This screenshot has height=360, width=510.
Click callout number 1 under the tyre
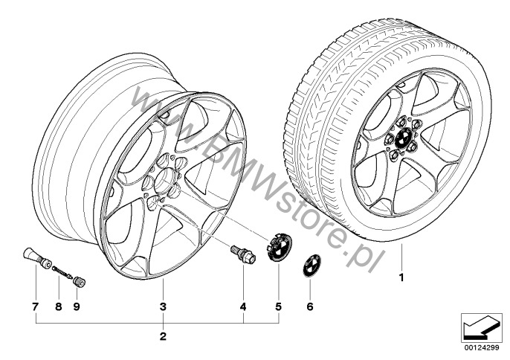click(x=401, y=277)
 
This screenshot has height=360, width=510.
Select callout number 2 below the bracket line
click(x=163, y=336)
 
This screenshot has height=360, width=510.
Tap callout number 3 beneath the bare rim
click(x=163, y=306)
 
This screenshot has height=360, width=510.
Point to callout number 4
click(x=243, y=306)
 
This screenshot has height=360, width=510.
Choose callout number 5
click(x=278, y=306)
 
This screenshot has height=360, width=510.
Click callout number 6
click(x=310, y=306)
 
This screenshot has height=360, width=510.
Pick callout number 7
click(x=36, y=306)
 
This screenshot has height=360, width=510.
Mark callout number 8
click(x=59, y=306)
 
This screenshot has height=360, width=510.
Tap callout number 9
click(x=77, y=306)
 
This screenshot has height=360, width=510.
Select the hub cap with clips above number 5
click(x=280, y=246)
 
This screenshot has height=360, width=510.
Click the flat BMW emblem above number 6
click(x=312, y=266)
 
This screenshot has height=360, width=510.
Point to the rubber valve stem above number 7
click(x=36, y=257)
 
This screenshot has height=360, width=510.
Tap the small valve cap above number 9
click(x=80, y=282)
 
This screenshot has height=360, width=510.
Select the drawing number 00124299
click(x=484, y=347)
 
